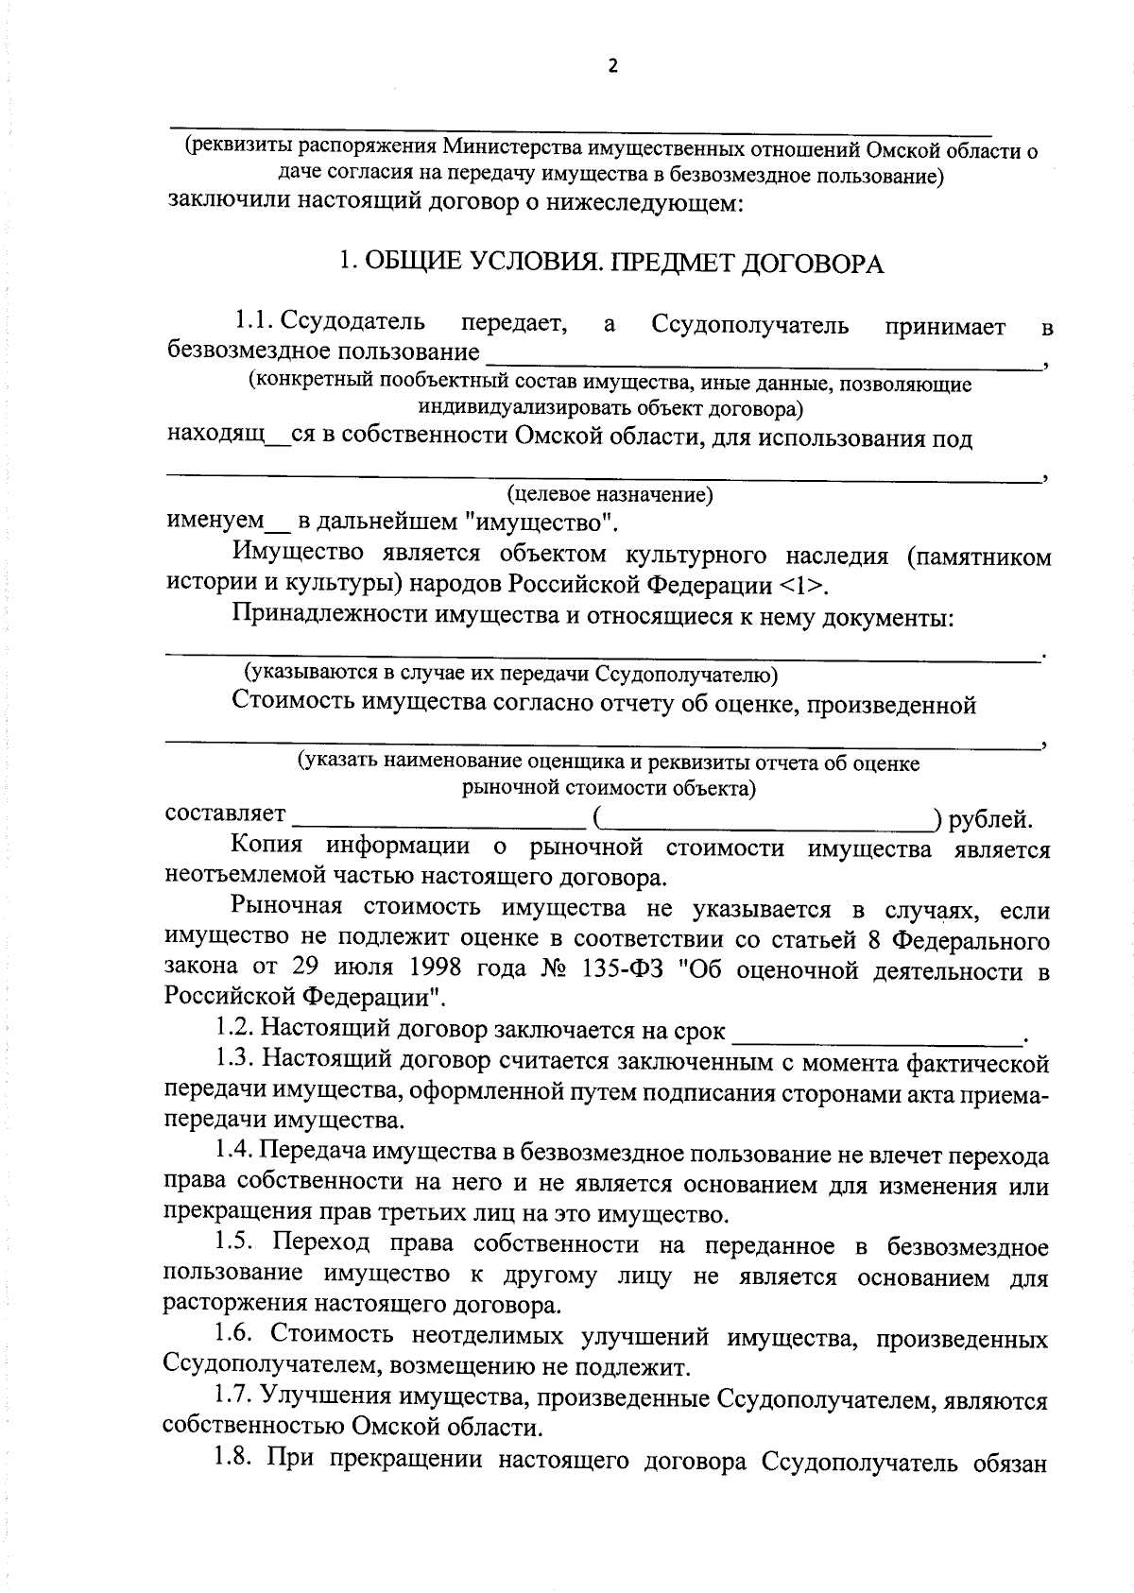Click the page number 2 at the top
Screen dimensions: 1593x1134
point(612,66)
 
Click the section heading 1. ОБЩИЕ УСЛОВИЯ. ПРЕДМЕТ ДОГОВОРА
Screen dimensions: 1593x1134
point(611,264)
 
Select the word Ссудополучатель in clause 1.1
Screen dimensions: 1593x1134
point(749,326)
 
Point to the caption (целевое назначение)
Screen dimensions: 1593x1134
point(610,495)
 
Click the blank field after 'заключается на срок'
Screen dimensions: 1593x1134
point(878,1035)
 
